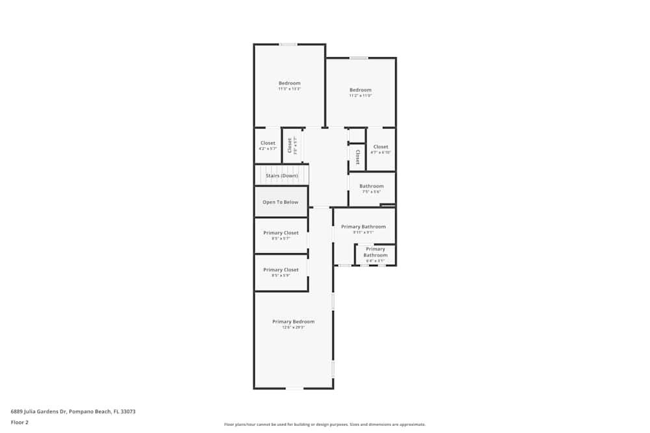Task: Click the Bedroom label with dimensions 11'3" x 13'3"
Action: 289,83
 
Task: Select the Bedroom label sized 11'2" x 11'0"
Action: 360,90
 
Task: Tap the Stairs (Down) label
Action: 281,175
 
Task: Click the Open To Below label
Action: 280,202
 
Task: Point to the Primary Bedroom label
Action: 293,321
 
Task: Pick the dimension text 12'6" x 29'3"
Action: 293,328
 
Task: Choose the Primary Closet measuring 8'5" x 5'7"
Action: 281,233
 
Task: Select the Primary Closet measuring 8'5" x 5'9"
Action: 281,270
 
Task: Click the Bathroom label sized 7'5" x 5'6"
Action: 371,186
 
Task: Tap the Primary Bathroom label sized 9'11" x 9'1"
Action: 363,227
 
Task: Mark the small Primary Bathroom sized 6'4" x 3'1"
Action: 375,253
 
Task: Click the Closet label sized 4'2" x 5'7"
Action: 268,143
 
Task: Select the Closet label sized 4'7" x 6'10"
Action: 380,147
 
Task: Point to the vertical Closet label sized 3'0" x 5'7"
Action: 290,145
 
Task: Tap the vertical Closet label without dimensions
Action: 357,157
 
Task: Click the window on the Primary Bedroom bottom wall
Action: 294,388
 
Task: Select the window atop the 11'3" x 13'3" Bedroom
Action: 288,44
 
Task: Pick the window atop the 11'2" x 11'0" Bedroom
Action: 358,58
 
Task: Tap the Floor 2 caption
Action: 19,422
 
